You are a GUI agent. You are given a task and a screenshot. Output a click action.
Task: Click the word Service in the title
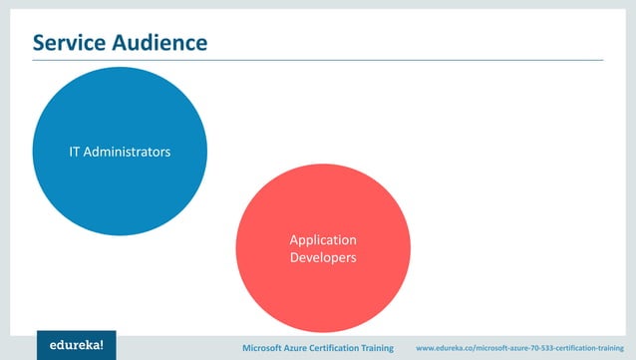[x=71, y=43]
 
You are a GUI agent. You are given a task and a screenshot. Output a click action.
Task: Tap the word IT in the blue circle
[x=75, y=154]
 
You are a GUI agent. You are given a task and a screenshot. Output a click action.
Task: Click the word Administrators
[x=128, y=154]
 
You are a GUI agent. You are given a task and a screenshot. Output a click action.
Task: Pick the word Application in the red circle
[x=323, y=240]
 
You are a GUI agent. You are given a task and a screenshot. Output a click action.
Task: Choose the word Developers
[x=323, y=257]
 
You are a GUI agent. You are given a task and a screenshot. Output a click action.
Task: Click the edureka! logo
[x=77, y=345]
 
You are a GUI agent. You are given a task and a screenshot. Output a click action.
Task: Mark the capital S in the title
[x=39, y=43]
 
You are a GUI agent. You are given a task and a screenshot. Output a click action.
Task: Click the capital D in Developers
[x=294, y=257]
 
